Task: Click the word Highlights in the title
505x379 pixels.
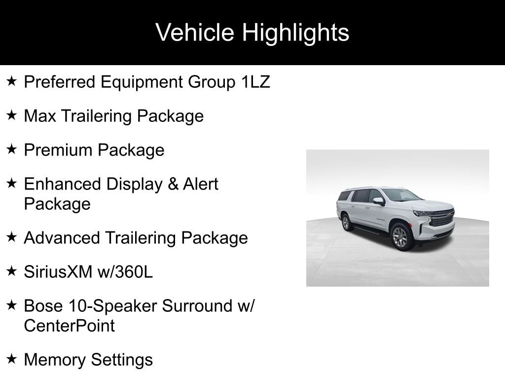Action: pos(295,33)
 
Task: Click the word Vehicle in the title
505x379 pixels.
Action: pos(194,32)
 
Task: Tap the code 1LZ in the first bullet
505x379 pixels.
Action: pos(255,82)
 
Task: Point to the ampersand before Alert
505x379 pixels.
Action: pos(173,184)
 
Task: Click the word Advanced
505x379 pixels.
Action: pos(62,238)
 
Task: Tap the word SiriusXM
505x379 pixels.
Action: pos(58,272)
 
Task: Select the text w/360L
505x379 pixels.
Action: pos(125,272)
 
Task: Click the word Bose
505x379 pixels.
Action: pos(43,306)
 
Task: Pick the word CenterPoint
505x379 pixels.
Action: pos(69,326)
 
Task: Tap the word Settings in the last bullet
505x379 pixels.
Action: pos(122,360)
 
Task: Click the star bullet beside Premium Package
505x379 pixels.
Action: pos(12,149)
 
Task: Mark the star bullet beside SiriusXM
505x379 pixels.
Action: pos(12,271)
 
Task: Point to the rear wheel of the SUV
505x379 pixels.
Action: pos(346,223)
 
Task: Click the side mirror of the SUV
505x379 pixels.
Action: pos(379,201)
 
